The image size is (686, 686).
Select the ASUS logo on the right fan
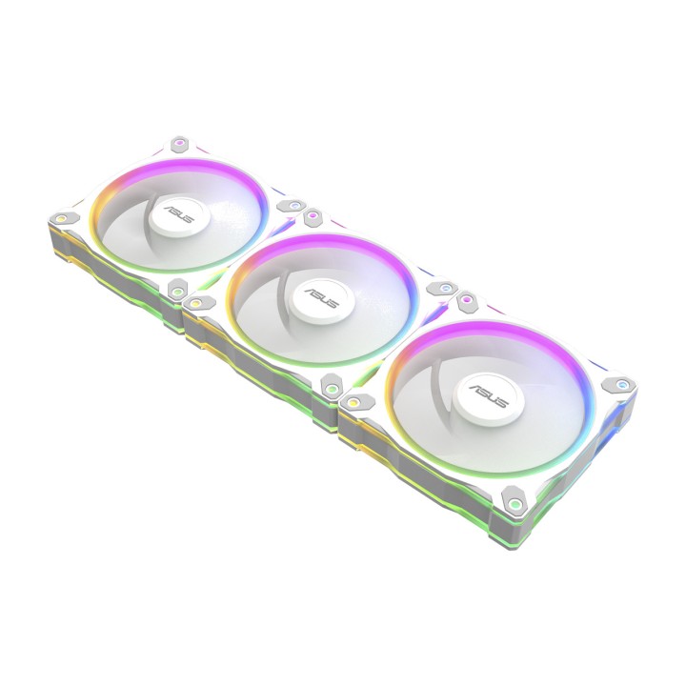(489, 393)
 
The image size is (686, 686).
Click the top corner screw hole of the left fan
(178, 142)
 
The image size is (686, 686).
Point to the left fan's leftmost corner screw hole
(62, 217)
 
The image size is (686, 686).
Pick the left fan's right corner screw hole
(294, 205)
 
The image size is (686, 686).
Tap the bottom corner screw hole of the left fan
(177, 291)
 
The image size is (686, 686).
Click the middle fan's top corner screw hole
(313, 215)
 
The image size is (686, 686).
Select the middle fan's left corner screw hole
(196, 301)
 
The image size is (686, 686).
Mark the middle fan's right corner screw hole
(446, 288)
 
